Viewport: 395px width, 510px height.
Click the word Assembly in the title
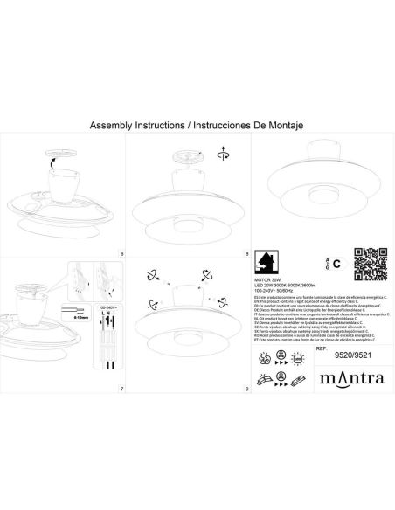coord(110,127)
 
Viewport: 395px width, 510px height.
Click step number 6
coord(121,254)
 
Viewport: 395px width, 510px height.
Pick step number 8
coord(247,254)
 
